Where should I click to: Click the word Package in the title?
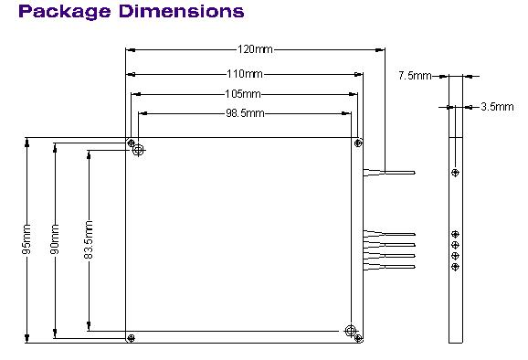coord(65,12)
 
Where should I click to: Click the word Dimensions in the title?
coord(182,11)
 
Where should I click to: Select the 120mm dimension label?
coord(255,49)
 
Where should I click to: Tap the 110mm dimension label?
coord(245,74)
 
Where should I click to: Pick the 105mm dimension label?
coord(242,94)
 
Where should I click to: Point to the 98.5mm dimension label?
coord(245,113)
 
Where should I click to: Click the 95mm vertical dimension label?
coord(27,238)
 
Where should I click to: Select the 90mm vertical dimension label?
coord(55,238)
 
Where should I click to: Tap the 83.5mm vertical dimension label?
coord(89,239)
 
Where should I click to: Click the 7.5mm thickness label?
coord(415,76)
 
